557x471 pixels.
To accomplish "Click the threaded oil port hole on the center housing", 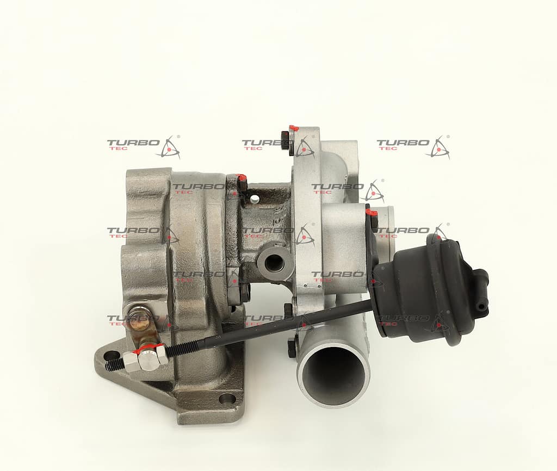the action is pos(275,263).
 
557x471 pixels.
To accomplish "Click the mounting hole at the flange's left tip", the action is pos(112,355).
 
